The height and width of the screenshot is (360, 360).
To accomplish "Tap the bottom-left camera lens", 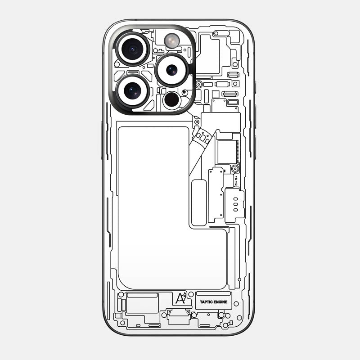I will tap(132, 91).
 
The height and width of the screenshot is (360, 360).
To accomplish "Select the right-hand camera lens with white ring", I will tap(172, 70).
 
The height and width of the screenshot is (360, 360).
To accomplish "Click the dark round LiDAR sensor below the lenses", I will tap(172, 100).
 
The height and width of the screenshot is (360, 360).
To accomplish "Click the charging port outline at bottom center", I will tap(179, 317).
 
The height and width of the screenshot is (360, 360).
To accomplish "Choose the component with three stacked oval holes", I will tap(234, 205).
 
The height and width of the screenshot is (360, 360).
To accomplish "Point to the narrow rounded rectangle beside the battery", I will tap(198, 202).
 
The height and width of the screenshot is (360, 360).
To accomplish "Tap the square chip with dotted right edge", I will tap(227, 152).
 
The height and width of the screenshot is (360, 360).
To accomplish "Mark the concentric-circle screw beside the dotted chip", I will tap(235, 169).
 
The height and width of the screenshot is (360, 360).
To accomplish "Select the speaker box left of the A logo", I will tap(142, 303).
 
